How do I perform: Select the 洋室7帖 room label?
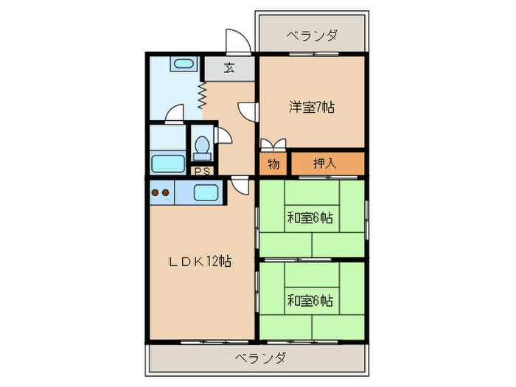click(x=311, y=107)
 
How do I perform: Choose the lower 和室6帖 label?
click(x=310, y=301)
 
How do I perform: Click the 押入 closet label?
click(x=325, y=164)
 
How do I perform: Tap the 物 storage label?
click(x=273, y=164)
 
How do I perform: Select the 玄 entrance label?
click(x=229, y=69)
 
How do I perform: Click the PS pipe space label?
click(x=201, y=171)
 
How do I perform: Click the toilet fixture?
click(x=201, y=147)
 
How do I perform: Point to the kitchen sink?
click(x=206, y=193)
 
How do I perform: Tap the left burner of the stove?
click(x=156, y=193)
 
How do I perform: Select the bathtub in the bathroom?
click(x=167, y=163)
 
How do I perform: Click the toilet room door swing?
click(x=223, y=137)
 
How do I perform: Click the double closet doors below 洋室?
click(x=271, y=143)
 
